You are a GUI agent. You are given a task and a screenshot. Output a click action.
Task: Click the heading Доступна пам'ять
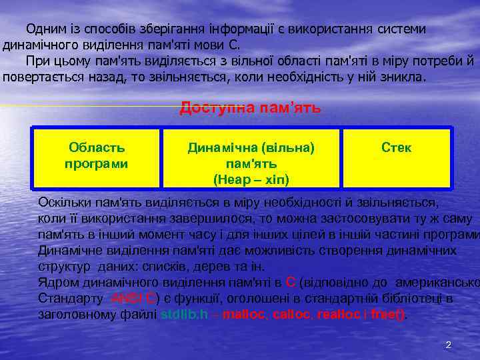click(250, 107)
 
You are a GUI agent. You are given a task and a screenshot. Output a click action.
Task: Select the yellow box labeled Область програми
click(97, 157)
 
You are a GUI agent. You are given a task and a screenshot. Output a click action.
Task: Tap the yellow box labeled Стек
click(396, 157)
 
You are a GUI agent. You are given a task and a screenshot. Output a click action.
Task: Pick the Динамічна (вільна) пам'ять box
click(251, 157)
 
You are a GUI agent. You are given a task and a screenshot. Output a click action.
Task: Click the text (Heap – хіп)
click(251, 179)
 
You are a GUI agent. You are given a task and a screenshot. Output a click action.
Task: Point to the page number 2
click(448, 345)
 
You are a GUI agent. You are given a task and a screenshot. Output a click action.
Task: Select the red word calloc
click(292, 314)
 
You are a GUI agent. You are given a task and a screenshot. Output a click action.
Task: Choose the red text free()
click(387, 314)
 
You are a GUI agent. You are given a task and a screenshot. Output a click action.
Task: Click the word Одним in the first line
click(44, 30)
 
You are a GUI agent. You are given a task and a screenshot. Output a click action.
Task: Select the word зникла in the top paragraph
click(401, 77)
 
